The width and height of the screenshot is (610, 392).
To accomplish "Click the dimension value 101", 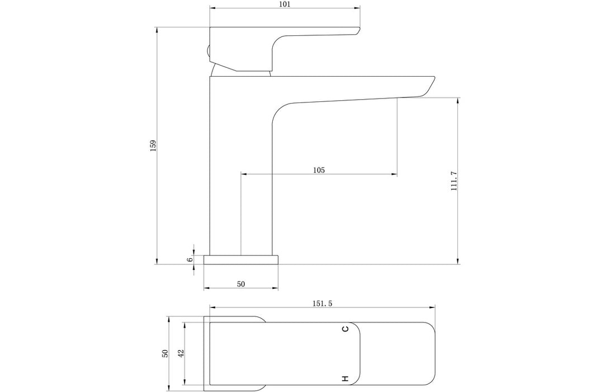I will click(284, 4).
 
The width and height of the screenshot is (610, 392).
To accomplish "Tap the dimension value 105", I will click(319, 170).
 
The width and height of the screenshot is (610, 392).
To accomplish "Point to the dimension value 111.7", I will click(454, 181).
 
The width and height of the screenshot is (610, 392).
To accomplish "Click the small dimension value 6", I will click(190, 259).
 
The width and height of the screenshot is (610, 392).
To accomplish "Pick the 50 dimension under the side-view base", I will click(241, 284).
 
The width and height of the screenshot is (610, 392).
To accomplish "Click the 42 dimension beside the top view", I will click(181, 353).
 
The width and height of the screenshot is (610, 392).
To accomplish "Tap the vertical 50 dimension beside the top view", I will click(164, 353).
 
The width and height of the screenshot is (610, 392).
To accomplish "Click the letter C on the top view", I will click(346, 329).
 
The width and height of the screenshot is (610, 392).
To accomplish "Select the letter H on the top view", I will click(346, 379).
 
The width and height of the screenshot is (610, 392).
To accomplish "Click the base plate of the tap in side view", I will click(241, 259).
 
